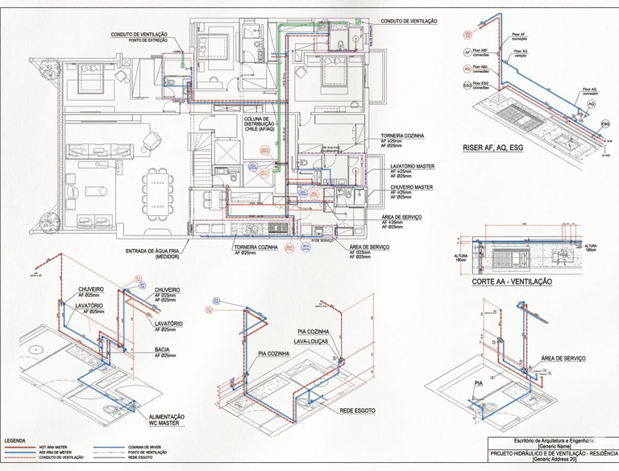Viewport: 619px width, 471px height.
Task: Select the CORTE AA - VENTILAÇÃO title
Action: [512, 282]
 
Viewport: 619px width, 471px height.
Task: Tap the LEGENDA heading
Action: [15, 440]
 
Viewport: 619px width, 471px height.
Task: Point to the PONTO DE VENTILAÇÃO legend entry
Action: [147, 452]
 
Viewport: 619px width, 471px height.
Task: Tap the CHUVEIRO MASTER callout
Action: [411, 187]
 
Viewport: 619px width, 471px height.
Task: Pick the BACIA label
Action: [163, 349]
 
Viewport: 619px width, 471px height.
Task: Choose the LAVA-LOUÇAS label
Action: [312, 341]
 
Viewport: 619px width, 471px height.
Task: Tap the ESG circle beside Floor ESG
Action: [467, 85]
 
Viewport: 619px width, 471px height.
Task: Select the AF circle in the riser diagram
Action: [467, 52]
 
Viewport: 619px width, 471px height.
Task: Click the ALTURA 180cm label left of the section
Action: [460, 258]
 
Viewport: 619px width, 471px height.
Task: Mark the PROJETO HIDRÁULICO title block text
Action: [553, 453]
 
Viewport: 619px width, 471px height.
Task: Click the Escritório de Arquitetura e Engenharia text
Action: [553, 440]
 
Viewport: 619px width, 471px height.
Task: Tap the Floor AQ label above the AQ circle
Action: [590, 90]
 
